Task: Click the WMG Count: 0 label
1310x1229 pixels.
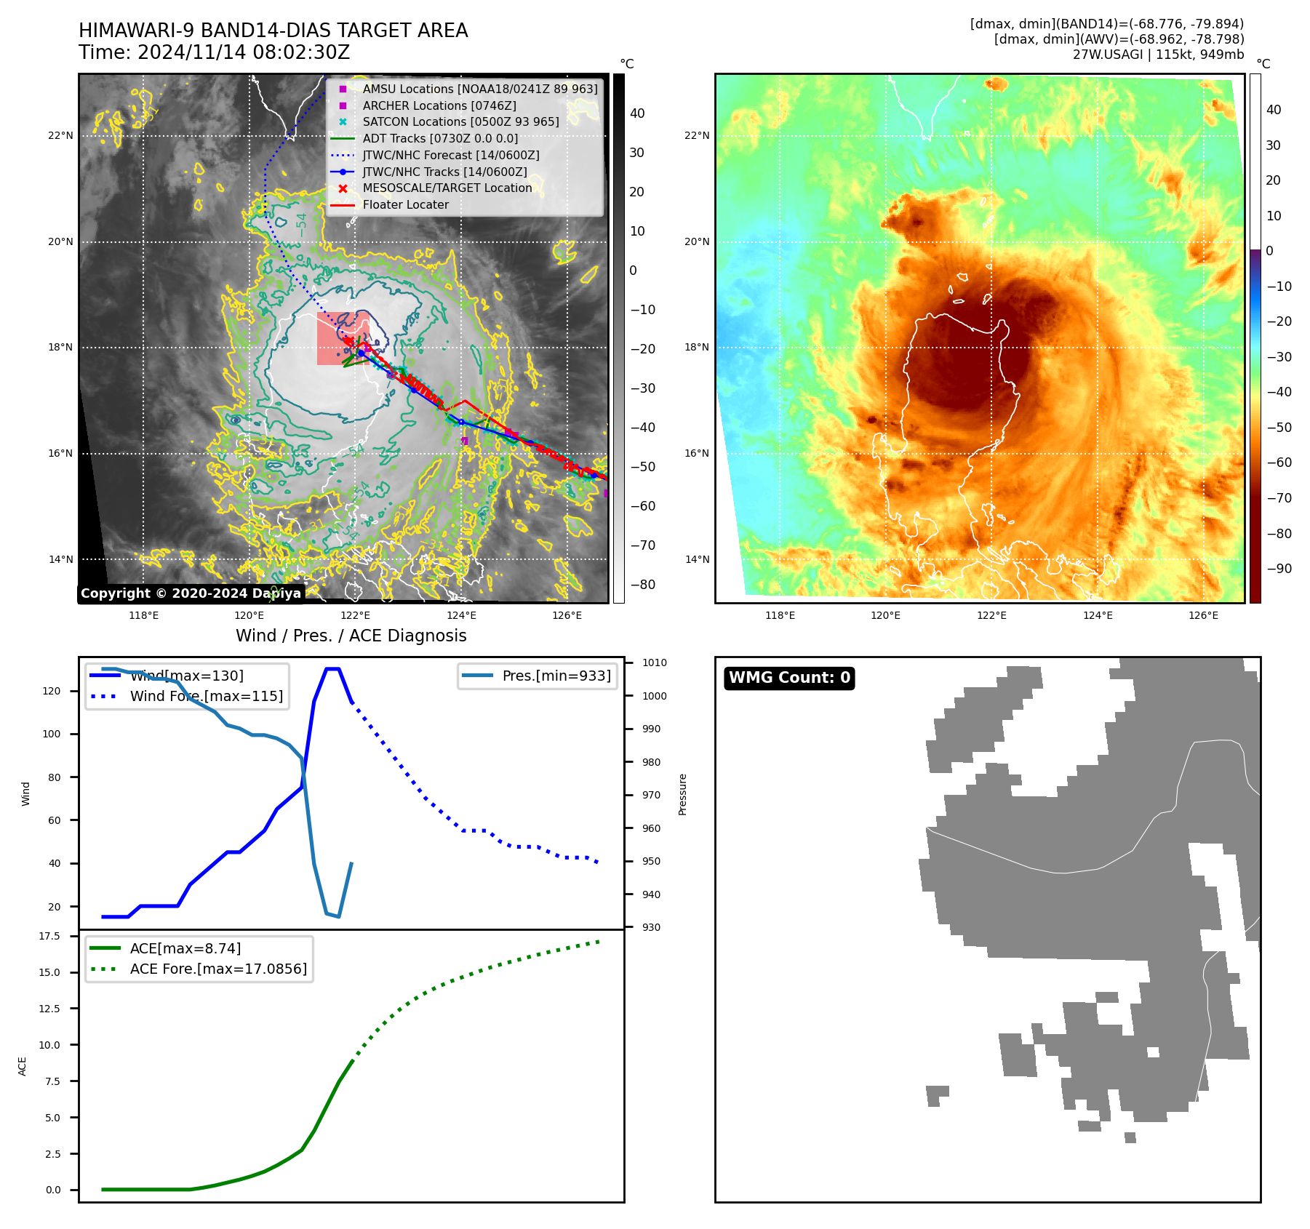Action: click(789, 678)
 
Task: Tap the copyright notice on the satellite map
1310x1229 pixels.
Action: click(191, 593)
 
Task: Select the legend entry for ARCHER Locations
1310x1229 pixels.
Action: click(439, 105)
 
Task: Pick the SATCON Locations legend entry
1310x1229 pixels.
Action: click(460, 122)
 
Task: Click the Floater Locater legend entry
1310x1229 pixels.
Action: click(405, 205)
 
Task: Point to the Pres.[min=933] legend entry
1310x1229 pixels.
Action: click(556, 676)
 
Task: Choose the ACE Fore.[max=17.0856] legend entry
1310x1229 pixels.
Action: click(217, 969)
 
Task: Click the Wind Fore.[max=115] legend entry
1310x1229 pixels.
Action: click(206, 696)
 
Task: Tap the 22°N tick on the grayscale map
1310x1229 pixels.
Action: click(61, 136)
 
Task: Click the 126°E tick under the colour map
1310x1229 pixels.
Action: click(1203, 616)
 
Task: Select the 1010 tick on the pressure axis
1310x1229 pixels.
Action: click(655, 662)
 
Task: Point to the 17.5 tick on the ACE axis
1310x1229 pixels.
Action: click(49, 937)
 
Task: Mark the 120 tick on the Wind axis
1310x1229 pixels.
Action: click(52, 691)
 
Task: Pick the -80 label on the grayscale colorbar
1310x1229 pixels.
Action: click(642, 585)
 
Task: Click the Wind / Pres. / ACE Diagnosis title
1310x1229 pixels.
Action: click(351, 636)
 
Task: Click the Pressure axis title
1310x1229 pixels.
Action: click(683, 794)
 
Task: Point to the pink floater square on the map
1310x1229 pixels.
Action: click(343, 338)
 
